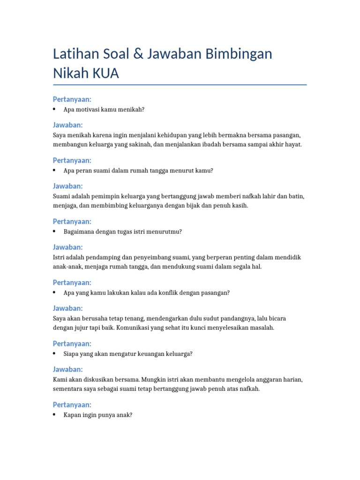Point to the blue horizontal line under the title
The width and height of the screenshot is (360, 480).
[180, 85]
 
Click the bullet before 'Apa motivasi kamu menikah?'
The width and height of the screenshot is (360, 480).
[55, 109]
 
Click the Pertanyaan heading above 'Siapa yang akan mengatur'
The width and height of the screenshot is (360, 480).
[72, 344]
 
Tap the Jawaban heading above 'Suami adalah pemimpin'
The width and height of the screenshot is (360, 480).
[68, 186]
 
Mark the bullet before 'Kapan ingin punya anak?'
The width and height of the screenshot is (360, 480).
[55, 415]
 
